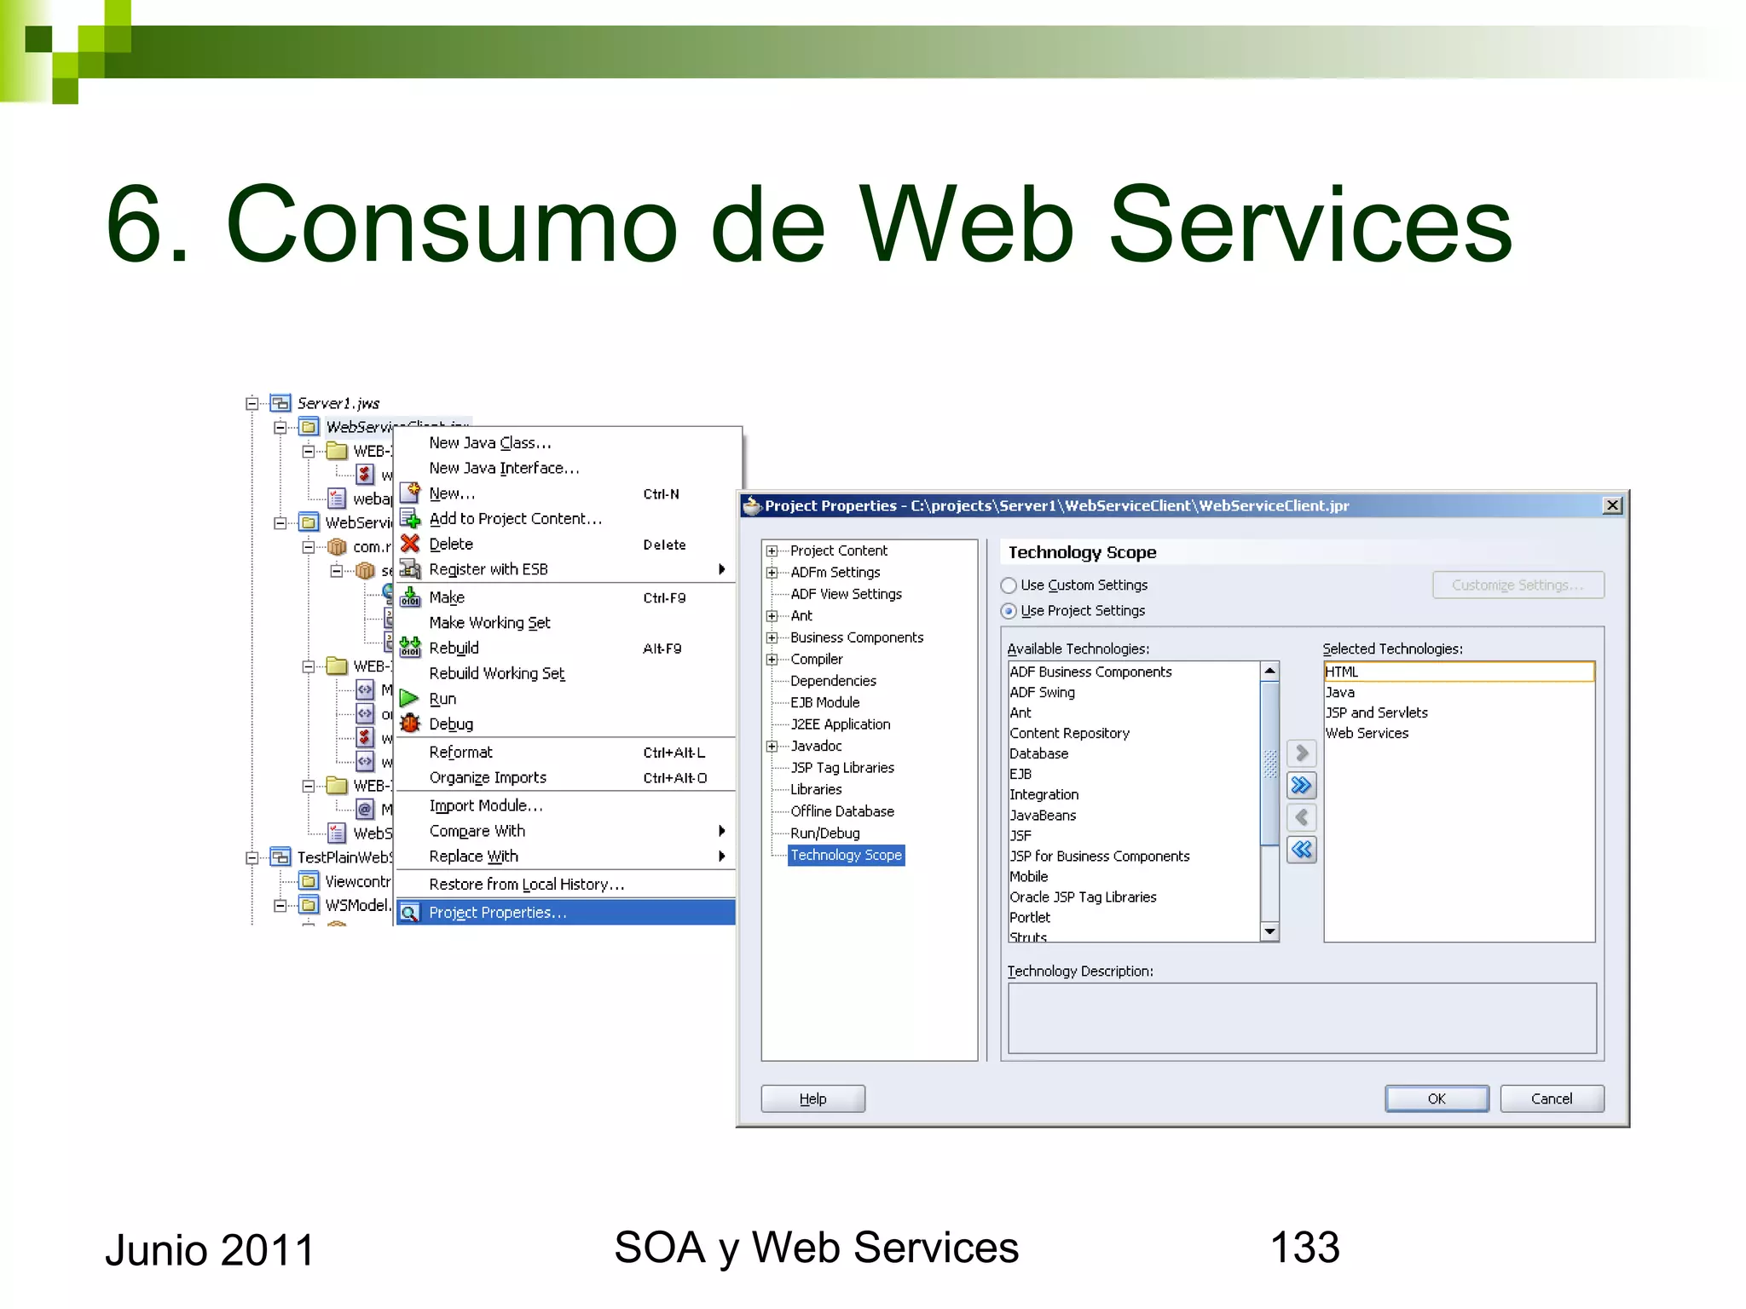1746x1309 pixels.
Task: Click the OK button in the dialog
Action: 1436,1099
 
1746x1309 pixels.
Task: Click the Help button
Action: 812,1099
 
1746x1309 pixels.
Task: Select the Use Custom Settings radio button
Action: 1009,585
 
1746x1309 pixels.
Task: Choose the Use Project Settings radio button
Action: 1009,611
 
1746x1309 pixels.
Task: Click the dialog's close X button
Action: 1612,505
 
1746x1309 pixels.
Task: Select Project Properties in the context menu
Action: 497,913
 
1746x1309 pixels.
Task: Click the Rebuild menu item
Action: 454,649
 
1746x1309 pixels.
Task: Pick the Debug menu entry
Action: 451,724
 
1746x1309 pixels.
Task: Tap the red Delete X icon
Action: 410,544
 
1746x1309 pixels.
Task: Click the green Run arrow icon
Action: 410,699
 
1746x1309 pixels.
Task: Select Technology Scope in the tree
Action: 846,855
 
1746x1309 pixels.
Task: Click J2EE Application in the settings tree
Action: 840,724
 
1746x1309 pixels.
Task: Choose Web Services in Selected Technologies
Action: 1367,733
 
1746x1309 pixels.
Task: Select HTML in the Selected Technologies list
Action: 1342,672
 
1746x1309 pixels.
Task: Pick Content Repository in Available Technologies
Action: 1069,733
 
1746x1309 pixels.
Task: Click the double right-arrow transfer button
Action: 1301,785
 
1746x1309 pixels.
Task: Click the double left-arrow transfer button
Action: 1301,850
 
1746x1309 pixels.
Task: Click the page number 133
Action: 1304,1248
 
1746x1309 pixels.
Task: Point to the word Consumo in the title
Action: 451,225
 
